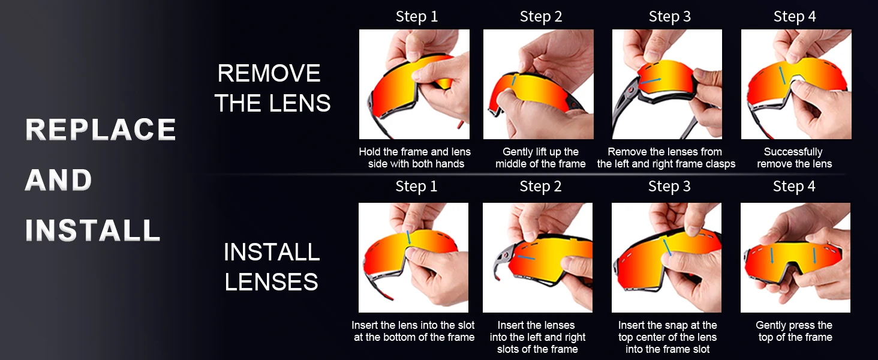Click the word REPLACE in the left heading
(101, 130)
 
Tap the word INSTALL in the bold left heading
(93, 230)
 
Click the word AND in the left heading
(59, 180)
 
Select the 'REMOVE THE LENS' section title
(272, 88)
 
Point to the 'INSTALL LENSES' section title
(272, 266)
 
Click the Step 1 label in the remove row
(417, 16)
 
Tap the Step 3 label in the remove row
(669, 16)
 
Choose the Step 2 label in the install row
(540, 186)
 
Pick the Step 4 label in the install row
(794, 186)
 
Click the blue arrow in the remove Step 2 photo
(513, 80)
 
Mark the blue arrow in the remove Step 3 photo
(650, 81)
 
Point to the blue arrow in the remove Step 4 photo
(783, 75)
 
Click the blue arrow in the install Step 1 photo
(408, 237)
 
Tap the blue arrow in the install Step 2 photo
(526, 257)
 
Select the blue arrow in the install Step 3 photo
(667, 247)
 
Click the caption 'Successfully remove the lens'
(794, 158)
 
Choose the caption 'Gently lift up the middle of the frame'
(540, 158)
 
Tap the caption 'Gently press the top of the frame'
(795, 331)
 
